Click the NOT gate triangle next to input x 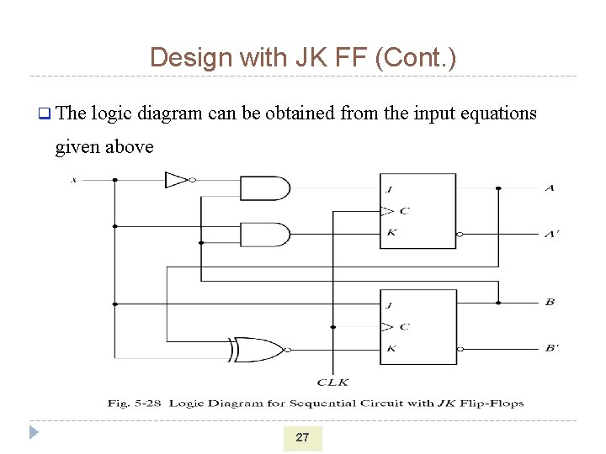pyautogui.click(x=176, y=179)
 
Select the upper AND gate pyautogui.click(x=264, y=188)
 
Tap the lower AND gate pyautogui.click(x=264, y=234)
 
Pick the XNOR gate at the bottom pyautogui.click(x=259, y=349)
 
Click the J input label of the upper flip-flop pyautogui.click(x=391, y=188)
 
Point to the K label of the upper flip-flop pyautogui.click(x=391, y=233)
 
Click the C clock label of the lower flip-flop pyautogui.click(x=404, y=326)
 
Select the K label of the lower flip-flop pyautogui.click(x=391, y=348)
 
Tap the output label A pyautogui.click(x=549, y=188)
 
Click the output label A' pyautogui.click(x=550, y=234)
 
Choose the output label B pyautogui.click(x=549, y=302)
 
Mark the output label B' pyautogui.click(x=550, y=348)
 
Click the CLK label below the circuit pyautogui.click(x=332, y=382)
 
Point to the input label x pyautogui.click(x=74, y=179)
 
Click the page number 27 pyautogui.click(x=302, y=437)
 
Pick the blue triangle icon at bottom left pyautogui.click(x=33, y=433)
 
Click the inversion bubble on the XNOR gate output pyautogui.click(x=288, y=349)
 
